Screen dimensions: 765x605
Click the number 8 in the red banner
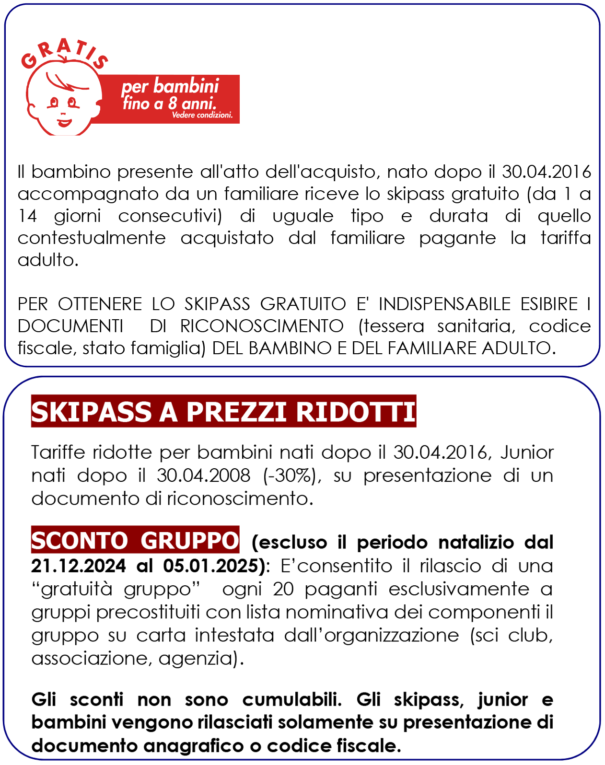(173, 103)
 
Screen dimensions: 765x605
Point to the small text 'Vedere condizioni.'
(202, 116)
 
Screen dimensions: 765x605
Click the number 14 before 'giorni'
(27, 216)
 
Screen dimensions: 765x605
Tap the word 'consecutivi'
(170, 216)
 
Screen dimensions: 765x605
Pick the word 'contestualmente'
(92, 238)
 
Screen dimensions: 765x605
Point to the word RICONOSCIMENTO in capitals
(262, 326)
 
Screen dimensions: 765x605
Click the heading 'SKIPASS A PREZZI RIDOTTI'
(223, 412)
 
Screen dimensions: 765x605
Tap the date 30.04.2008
(203, 475)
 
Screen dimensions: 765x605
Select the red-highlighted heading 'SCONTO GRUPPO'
(135, 541)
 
